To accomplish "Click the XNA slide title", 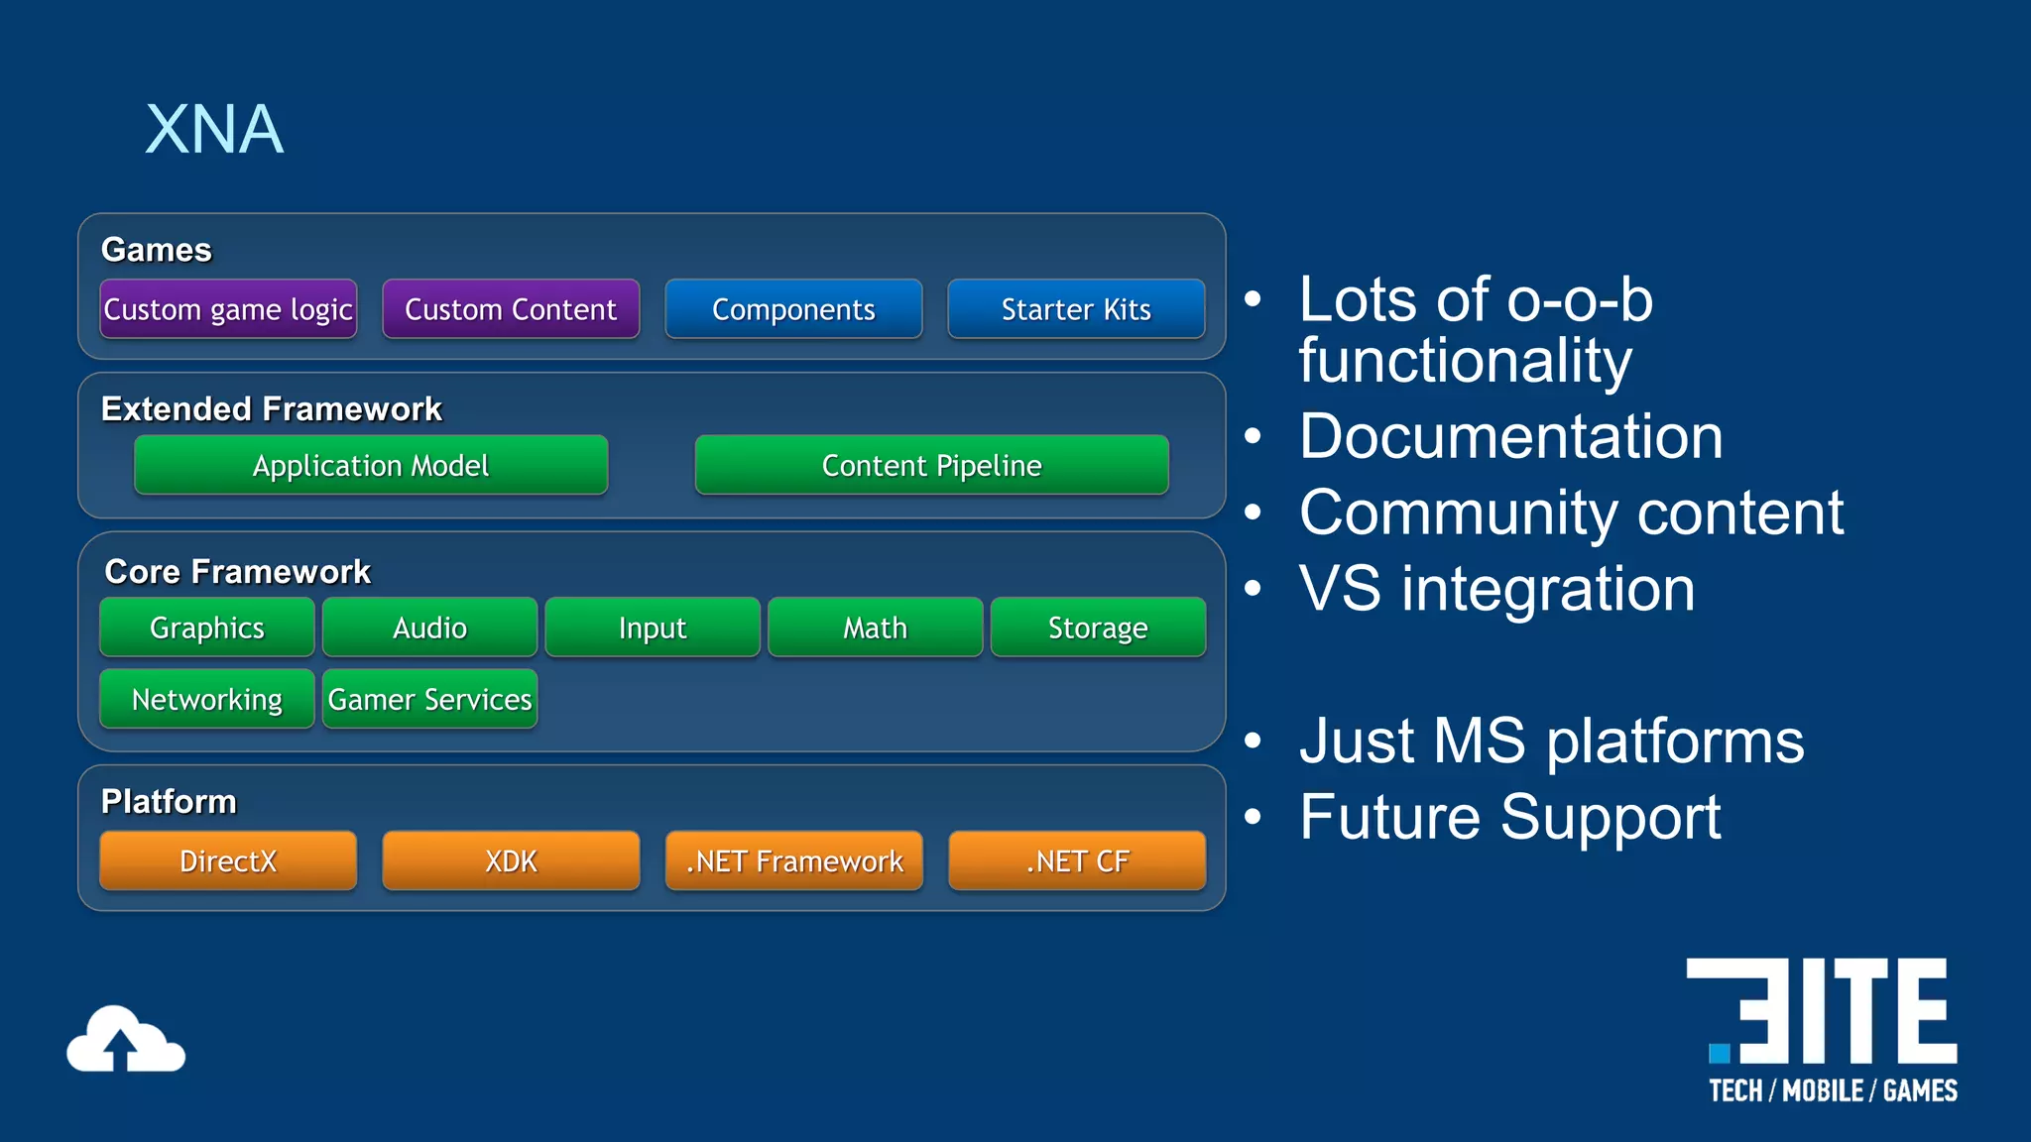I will [x=214, y=130].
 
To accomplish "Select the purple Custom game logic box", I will [x=228, y=309].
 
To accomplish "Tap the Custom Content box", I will [x=511, y=309].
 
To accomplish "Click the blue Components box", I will [x=793, y=309].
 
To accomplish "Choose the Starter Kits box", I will [x=1076, y=309].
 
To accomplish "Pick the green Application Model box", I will [x=371, y=465].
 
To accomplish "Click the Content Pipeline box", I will [x=931, y=465].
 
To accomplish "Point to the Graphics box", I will [x=207, y=628].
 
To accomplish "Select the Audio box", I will [x=429, y=628].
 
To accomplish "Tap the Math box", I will [x=875, y=628].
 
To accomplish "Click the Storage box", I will [x=1098, y=628].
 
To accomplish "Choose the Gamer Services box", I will [x=429, y=699].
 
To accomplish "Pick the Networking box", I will [x=207, y=699].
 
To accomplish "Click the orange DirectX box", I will [x=228, y=860].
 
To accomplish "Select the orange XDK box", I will [x=511, y=860].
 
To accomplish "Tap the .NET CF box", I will [x=1077, y=860].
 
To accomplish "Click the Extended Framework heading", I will [x=271, y=408].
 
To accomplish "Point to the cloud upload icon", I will [x=126, y=1040].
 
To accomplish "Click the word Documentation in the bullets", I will [x=1510, y=436].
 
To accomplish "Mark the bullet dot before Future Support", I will [x=1254, y=817].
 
